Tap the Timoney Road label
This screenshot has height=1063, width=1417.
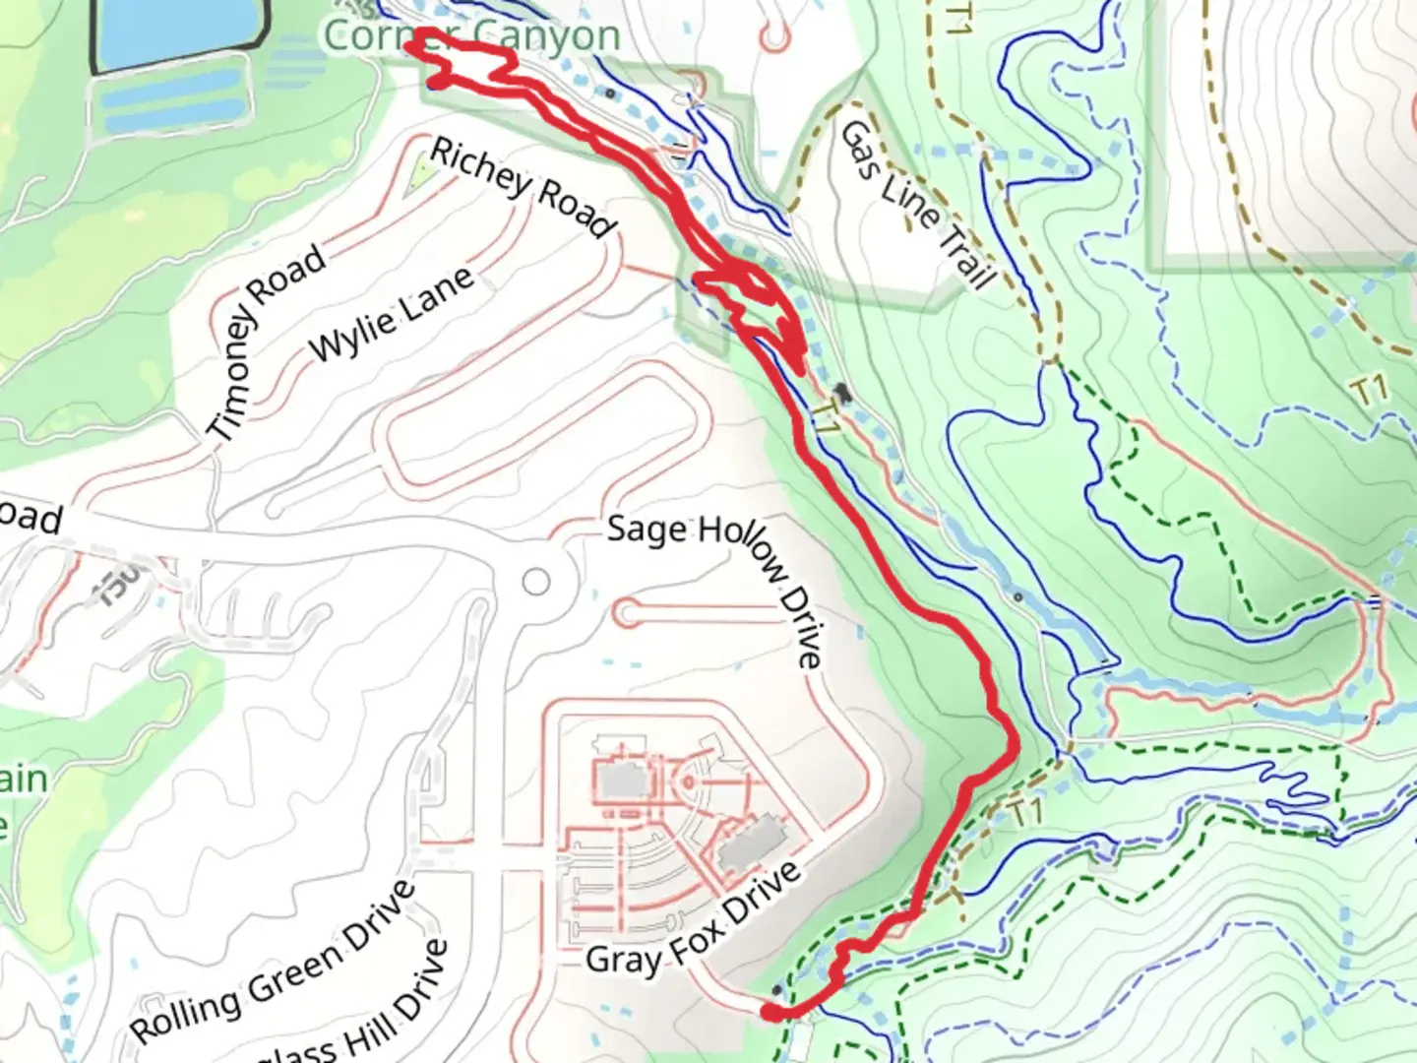point(267,341)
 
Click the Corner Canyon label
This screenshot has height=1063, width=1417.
point(472,36)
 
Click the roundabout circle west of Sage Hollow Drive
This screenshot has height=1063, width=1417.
point(535,582)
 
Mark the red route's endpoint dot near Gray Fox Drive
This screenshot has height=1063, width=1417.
point(772,1011)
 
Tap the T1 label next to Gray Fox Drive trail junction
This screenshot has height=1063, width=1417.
point(1024,813)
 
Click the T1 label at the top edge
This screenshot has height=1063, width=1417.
point(955,20)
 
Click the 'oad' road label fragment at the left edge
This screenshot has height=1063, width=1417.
point(31,517)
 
